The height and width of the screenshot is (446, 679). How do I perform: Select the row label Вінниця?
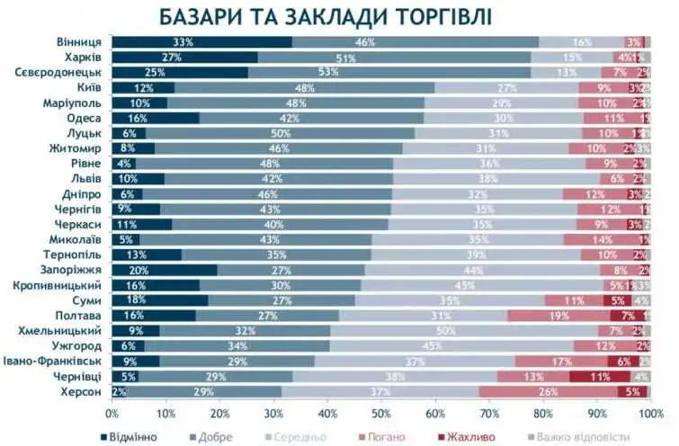[x=78, y=42]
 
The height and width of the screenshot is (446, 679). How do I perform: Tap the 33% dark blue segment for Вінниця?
[x=183, y=42]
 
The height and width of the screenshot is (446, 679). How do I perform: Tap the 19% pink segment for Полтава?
[x=558, y=315]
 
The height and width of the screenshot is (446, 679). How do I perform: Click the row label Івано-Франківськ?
[x=59, y=361]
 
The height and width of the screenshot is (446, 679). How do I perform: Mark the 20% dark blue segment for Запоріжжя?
[x=164, y=270]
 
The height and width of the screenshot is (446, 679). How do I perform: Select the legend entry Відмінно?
[x=131, y=436]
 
